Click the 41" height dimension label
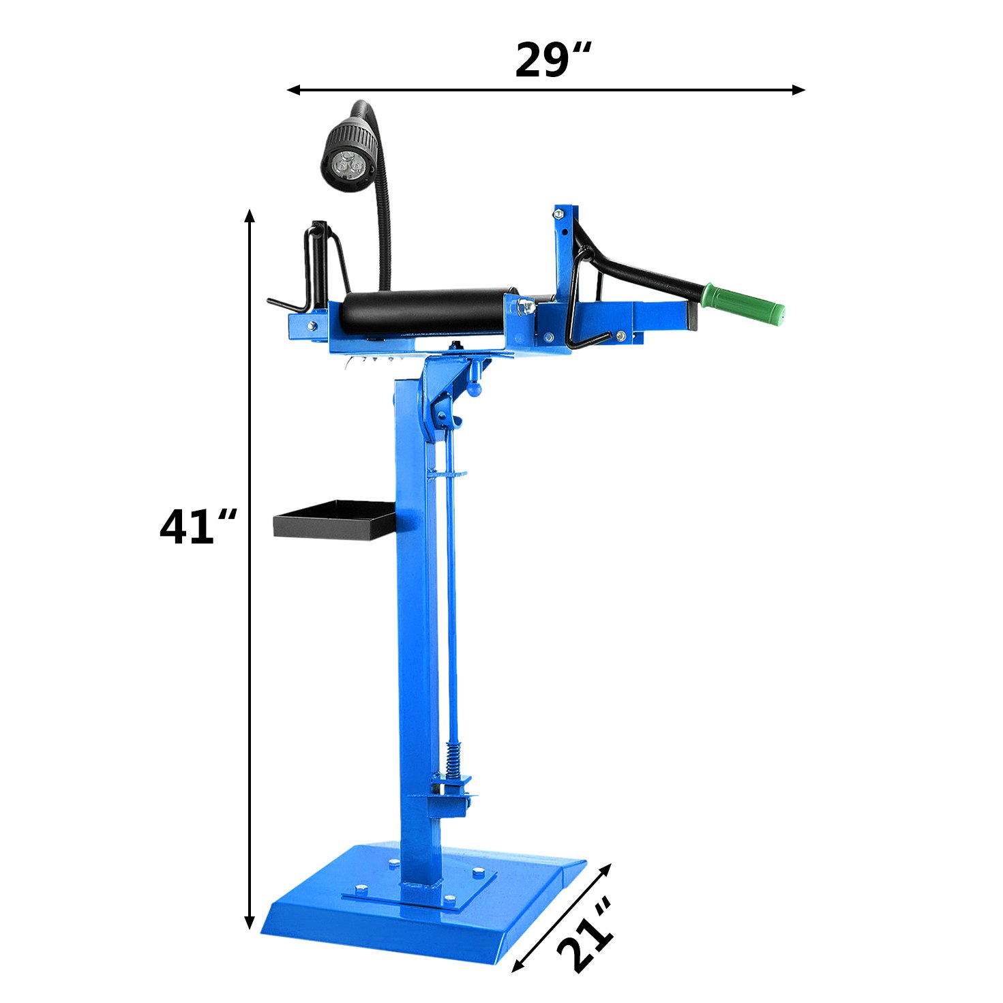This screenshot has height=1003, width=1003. coord(198,527)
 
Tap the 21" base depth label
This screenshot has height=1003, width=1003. coord(586,937)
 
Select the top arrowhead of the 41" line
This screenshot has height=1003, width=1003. coord(250,216)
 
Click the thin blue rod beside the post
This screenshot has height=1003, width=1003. coord(451,600)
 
